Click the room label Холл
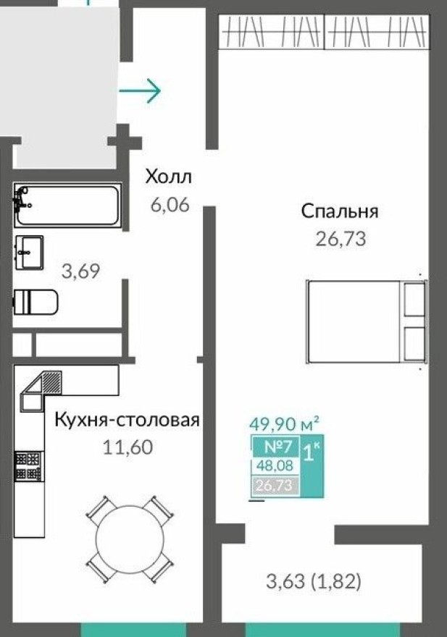168,177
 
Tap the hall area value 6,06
169,205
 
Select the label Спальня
340,211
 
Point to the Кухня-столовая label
127,420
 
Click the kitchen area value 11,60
128,447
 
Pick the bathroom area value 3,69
80,272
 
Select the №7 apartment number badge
275,447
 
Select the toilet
35,302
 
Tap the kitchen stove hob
29,467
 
